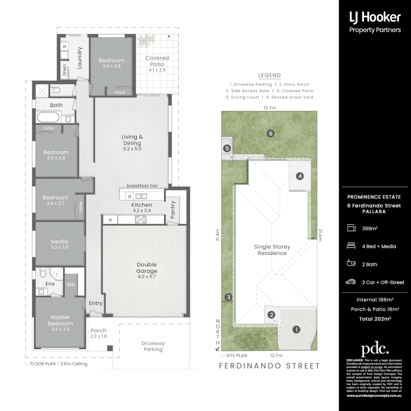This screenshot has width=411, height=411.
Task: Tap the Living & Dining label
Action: tap(132, 140)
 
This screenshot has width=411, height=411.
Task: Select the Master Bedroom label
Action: tap(60, 320)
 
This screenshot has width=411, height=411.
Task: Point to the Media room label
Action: tap(59, 242)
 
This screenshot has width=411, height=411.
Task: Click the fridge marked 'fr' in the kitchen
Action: tap(110, 220)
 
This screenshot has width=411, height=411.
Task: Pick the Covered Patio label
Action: tap(157, 61)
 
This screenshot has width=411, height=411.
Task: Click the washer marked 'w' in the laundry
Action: tap(64, 46)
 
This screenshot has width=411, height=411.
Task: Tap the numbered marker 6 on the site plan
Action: tap(271, 133)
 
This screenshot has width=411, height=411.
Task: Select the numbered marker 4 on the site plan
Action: tap(300, 176)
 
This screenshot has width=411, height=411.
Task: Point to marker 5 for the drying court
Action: tap(227, 148)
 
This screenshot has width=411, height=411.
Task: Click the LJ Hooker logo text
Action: tap(375, 17)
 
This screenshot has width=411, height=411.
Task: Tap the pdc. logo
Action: tap(375, 349)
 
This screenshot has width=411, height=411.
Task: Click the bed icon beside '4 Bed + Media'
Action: tap(351, 246)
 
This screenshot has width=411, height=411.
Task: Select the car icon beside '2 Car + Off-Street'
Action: tap(351, 282)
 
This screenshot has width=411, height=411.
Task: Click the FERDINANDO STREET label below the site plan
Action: tap(269, 366)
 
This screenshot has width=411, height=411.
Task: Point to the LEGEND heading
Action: tap(269, 75)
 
